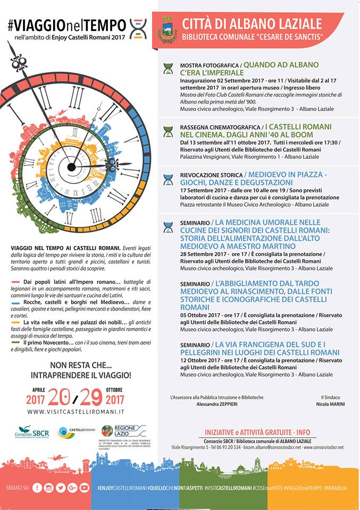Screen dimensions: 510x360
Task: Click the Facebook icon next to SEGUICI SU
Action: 37,488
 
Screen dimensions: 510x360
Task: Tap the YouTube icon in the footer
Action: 85,488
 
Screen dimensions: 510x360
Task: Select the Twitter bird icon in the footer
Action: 61,488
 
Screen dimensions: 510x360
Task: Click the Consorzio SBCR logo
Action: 31,432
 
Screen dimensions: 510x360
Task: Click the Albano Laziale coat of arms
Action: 168,30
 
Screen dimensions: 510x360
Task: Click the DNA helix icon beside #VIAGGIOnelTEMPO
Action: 138,28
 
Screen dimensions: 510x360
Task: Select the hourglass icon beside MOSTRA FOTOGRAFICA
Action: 169,68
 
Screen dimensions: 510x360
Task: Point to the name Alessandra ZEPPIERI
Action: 217,404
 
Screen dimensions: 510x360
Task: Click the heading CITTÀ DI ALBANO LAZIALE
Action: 252,23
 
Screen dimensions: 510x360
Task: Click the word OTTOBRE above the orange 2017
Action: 115,389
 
